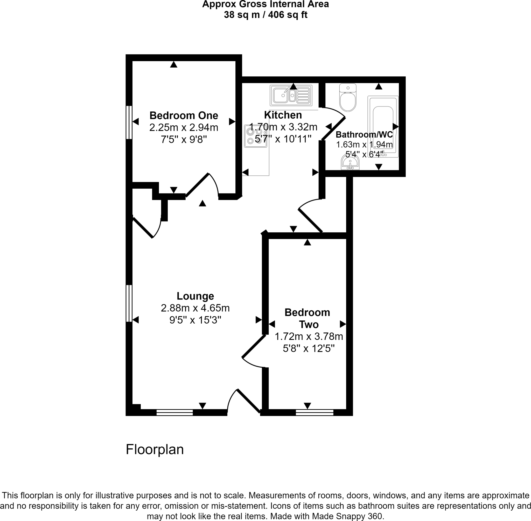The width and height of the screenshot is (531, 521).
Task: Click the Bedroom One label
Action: (184, 116)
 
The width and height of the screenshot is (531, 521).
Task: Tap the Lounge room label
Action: (195, 296)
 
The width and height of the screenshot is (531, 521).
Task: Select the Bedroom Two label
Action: (307, 318)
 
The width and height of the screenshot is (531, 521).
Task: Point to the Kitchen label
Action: (283, 115)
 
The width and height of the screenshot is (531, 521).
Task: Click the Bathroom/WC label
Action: (364, 135)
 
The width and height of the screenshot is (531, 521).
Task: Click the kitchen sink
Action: (291, 96)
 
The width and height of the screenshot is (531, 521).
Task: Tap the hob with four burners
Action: (255, 136)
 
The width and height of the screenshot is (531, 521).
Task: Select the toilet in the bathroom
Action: (348, 98)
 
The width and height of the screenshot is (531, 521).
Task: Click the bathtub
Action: (383, 126)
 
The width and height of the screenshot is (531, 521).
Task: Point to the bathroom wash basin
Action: (350, 162)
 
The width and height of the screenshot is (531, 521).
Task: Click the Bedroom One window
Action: (129, 122)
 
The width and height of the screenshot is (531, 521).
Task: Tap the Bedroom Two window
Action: (315, 413)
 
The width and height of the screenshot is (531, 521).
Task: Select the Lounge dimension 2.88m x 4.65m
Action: (195, 308)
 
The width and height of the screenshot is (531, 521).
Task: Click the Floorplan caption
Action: (155, 449)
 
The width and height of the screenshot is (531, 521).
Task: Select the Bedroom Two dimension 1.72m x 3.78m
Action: (309, 337)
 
